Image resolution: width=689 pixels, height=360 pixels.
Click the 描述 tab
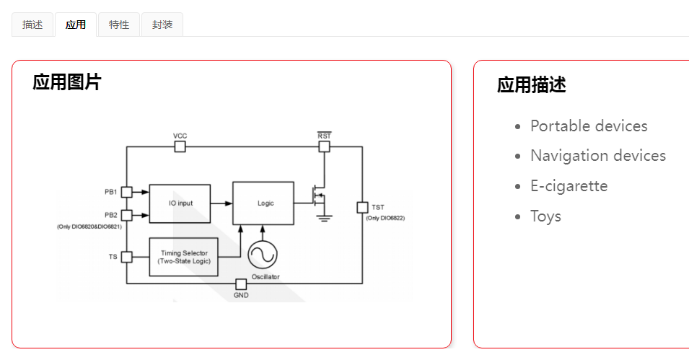pos(32,25)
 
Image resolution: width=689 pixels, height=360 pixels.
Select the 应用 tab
pos(76,25)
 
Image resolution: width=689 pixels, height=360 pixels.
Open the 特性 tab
pos(119,25)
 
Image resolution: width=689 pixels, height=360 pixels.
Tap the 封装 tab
pos(162,25)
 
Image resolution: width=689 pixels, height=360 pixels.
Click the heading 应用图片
pos(67,82)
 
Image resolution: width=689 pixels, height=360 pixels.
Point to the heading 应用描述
pos(532,85)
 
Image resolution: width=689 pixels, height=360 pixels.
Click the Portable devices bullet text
pos(589,126)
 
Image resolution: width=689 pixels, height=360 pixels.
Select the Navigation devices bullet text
pos(598,156)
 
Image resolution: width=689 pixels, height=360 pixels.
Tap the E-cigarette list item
pos(569,186)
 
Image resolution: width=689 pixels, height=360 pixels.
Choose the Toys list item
pos(545,216)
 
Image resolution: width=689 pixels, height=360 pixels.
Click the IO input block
pos(180,203)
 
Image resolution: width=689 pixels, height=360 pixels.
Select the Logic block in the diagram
pos(263,203)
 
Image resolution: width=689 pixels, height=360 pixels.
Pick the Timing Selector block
pos(184,256)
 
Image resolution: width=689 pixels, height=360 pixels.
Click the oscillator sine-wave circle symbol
pos(262,255)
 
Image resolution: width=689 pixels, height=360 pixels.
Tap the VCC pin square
pos(180,146)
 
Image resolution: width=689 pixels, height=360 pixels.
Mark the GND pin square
pos(241,284)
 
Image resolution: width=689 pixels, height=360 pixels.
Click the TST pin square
pos(362,208)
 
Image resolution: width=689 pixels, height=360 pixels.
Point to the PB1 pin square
pos(126,192)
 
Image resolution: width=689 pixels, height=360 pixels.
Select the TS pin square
pos(126,256)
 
